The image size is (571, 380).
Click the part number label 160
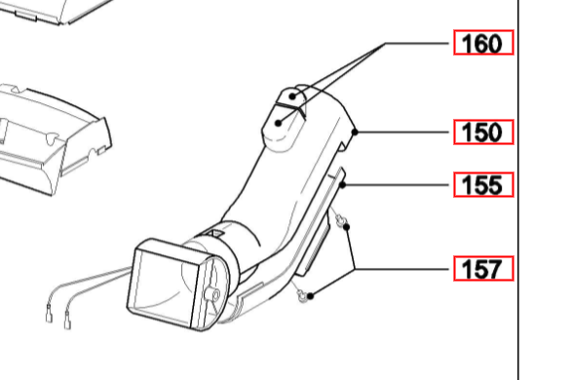482,45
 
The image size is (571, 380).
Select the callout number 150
482,132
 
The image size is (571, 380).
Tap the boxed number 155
482,185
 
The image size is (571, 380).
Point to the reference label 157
482,269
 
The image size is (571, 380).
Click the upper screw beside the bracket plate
337,220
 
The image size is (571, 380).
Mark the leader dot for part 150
359,132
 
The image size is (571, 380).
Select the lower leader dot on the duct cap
280,123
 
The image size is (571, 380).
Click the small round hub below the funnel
209,292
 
